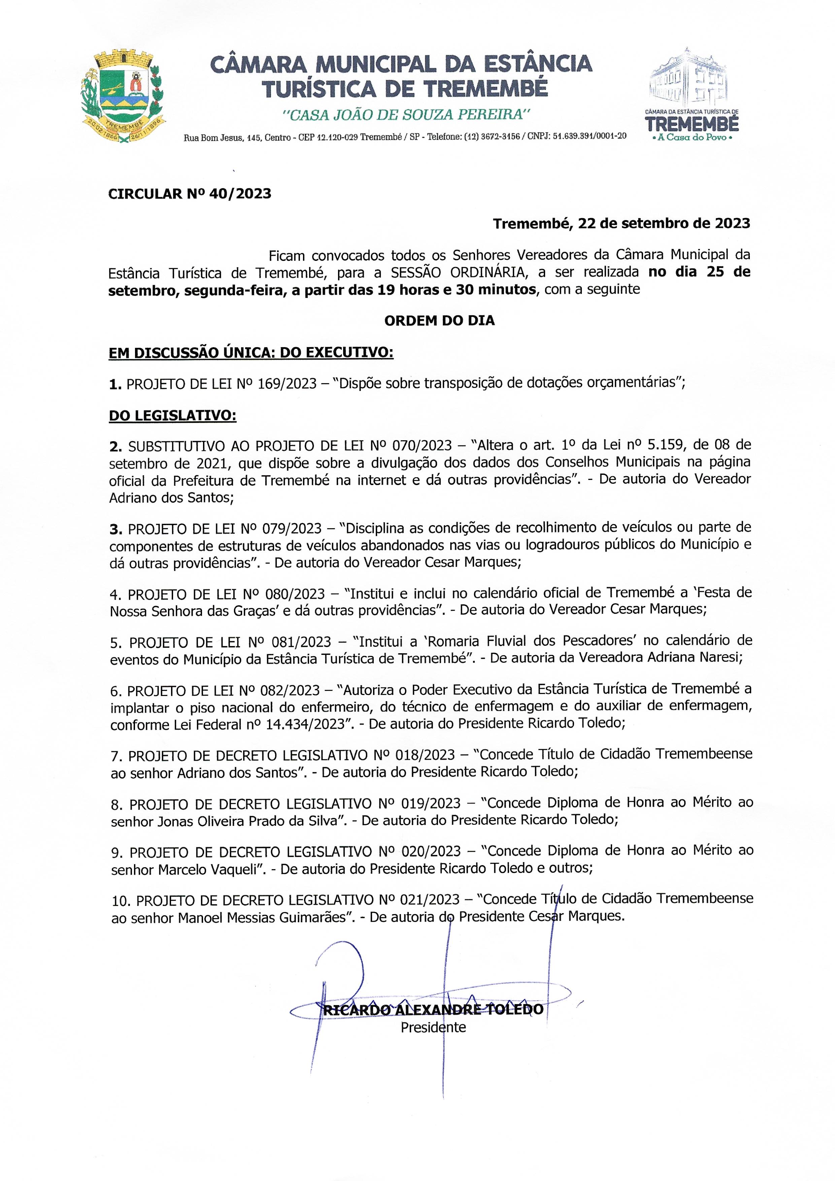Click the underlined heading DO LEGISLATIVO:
click(172, 416)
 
